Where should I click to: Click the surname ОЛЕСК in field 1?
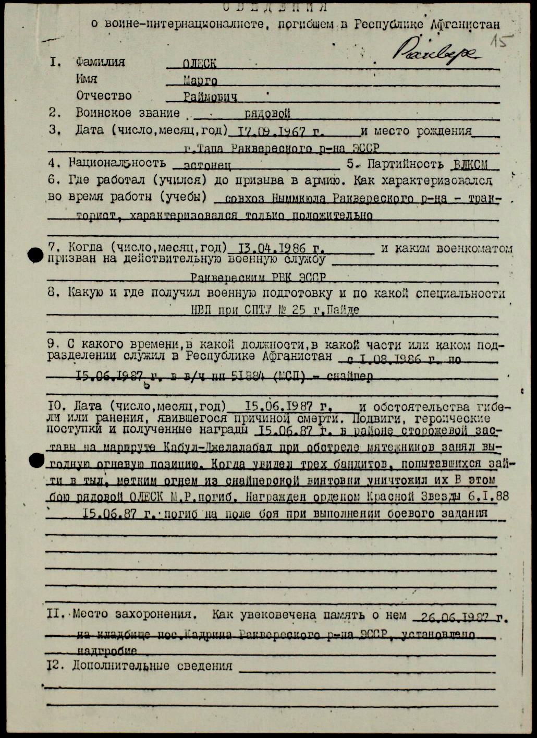pyautogui.click(x=200, y=64)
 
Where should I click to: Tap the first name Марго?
pyautogui.click(x=200, y=81)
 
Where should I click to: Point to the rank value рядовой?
pyautogui.click(x=267, y=114)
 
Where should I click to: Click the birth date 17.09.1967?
pyautogui.click(x=272, y=131)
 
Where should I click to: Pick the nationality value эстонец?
pyautogui.click(x=201, y=165)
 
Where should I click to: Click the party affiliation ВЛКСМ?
pyautogui.click(x=470, y=165)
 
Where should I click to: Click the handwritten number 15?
pyautogui.click(x=502, y=41)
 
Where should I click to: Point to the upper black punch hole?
pyautogui.click(x=35, y=255)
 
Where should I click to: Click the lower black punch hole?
pyautogui.click(x=36, y=459)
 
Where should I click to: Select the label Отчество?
pyautogui.click(x=104, y=96)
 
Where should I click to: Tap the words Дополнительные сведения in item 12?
pyautogui.click(x=152, y=666)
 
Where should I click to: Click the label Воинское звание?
pyautogui.click(x=128, y=113)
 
